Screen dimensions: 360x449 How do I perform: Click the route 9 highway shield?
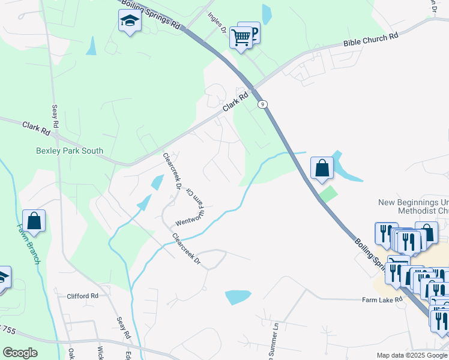262,104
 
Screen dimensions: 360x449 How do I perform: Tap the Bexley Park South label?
70,151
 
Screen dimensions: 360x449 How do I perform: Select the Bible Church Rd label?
371,41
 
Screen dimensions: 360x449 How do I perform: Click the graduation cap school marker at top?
129,22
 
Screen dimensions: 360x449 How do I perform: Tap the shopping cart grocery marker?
241,37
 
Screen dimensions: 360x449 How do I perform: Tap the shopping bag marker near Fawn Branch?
34,221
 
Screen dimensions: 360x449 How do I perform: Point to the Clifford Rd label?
82,296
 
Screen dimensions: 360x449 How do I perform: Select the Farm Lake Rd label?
381,299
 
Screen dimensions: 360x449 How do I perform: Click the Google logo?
20,352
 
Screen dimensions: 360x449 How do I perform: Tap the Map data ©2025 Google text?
411,355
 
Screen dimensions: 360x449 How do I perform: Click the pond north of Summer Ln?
238,297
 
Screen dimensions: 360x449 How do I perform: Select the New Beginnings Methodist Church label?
413,206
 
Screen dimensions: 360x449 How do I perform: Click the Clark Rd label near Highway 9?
235,102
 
